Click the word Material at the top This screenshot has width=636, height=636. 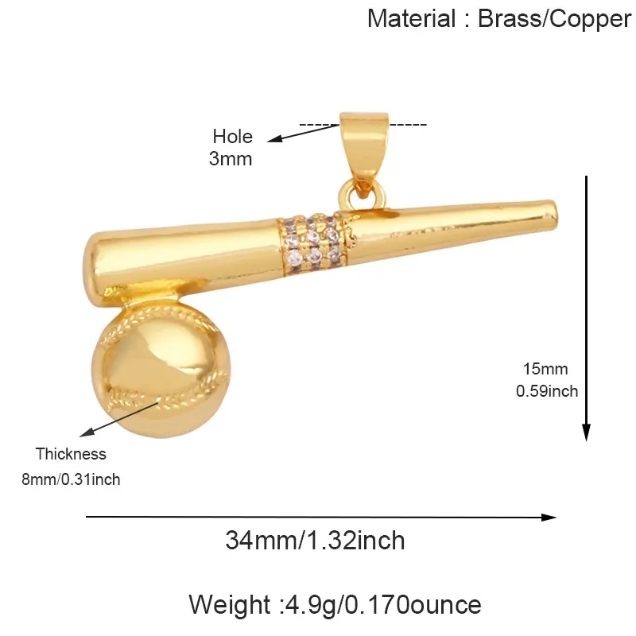(411, 18)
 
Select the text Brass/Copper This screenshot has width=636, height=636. (554, 19)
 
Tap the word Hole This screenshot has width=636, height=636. (232, 136)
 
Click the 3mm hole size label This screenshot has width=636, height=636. (231, 158)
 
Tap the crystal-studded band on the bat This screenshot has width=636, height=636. (313, 244)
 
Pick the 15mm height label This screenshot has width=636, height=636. (545, 369)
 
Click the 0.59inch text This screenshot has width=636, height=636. (547, 391)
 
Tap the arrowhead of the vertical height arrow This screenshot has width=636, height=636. (586, 432)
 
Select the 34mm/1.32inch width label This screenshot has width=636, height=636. (315, 541)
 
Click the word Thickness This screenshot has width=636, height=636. (71, 454)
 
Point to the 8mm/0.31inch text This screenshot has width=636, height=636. (71, 479)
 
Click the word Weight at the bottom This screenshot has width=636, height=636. (230, 605)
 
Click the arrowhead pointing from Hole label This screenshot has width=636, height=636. (274, 139)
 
